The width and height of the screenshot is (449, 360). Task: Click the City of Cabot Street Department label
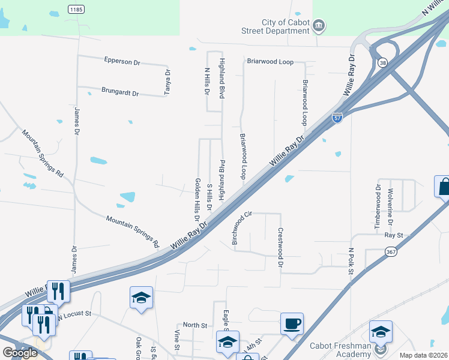(281, 27)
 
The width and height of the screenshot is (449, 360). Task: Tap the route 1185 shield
(76, 9)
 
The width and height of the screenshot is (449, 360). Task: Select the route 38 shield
(382, 62)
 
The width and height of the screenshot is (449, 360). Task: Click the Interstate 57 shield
(338, 118)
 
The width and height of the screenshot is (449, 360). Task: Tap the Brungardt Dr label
(120, 94)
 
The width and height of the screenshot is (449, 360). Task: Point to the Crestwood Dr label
(280, 247)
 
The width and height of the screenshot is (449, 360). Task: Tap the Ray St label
(394, 236)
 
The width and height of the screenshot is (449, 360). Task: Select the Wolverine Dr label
(391, 206)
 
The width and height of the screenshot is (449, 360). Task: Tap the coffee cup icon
(292, 323)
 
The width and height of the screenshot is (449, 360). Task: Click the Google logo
(20, 353)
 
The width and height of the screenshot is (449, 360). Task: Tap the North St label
(194, 325)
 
